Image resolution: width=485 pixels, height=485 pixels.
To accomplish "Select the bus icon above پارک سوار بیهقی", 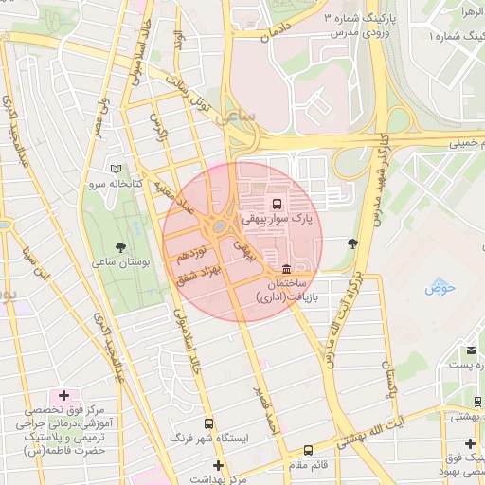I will (277, 203).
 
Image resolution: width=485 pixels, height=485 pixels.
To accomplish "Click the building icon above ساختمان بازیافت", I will (286, 268).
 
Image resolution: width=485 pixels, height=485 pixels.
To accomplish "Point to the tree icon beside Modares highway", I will (353, 243).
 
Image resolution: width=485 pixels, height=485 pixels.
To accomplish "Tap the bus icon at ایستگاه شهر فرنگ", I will (208, 423).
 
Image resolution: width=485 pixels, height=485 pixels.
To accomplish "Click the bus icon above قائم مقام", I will (308, 451).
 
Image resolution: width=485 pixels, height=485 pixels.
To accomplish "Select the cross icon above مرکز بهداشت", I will (219, 465).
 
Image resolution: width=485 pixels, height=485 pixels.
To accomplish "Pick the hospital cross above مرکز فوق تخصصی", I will (63, 394).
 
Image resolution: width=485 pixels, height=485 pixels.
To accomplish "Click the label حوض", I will (442, 286).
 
